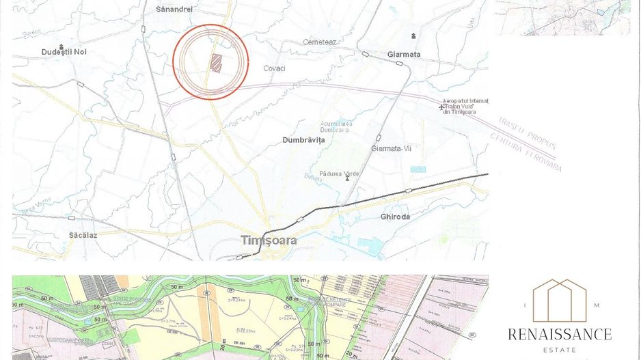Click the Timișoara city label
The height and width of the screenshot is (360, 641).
pos(269,240)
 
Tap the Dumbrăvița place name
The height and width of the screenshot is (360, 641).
pos(303,140)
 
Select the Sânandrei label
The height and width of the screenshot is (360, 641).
pos(174,10)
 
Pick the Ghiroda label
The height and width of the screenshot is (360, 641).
pos(395,217)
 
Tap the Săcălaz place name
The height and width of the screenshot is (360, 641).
pos(83,235)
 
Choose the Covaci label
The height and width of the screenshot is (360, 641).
pos(275,68)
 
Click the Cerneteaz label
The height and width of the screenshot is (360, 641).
pos(320,42)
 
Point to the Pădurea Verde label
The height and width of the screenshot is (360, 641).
pos(339,174)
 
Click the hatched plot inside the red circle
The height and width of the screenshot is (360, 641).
pos(216,64)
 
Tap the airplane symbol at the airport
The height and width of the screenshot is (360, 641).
pos(441,107)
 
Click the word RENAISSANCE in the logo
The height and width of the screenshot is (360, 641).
pos(560,334)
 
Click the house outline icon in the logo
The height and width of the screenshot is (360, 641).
pos(560,300)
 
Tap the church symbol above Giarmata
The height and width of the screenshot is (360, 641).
pos(413,36)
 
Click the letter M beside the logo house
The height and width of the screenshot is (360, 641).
pos(597,305)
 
